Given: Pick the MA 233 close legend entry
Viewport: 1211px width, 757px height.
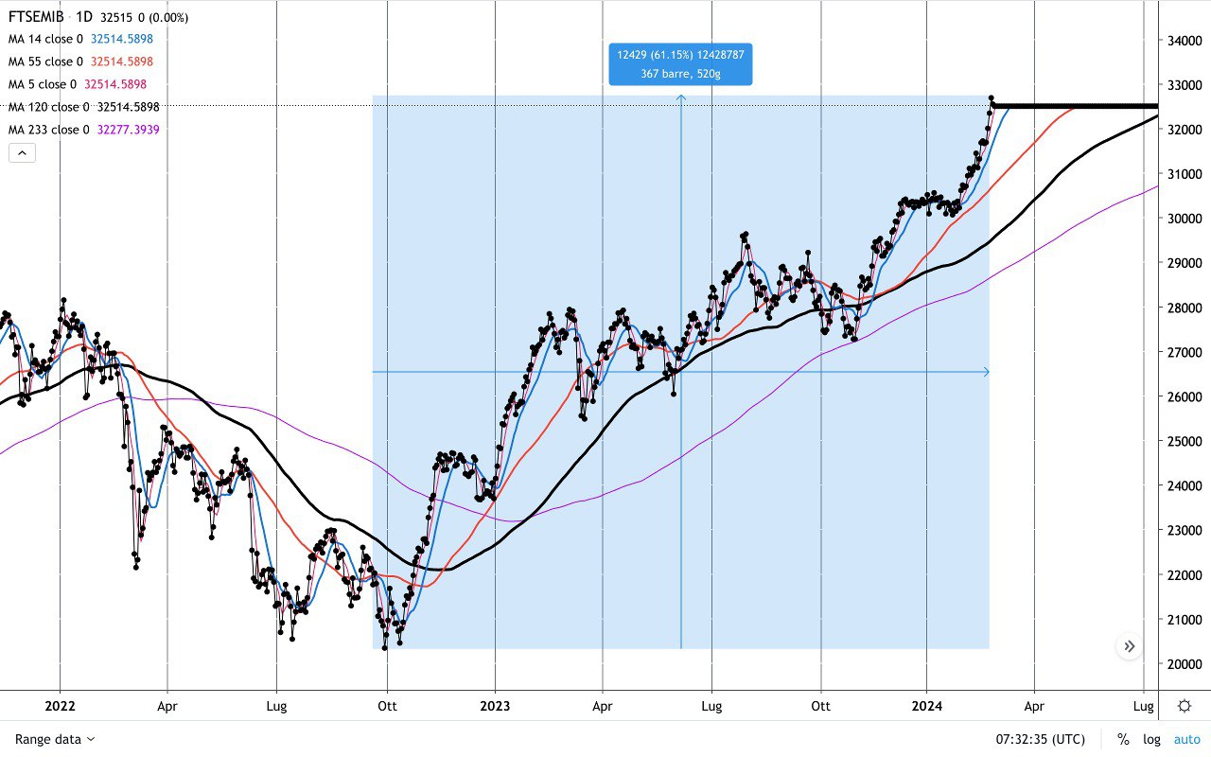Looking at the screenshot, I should [48, 130].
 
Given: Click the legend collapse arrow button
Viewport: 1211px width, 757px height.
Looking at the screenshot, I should [22, 152].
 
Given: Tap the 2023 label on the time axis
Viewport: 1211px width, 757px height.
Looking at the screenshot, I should [494, 706].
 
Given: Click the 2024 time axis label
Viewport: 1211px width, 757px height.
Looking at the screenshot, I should [926, 706].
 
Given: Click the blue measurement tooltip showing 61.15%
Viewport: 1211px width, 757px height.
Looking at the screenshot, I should [680, 63].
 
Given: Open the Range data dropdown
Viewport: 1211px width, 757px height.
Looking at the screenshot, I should [55, 739].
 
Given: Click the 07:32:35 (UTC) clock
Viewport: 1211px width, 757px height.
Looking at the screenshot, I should [1040, 739].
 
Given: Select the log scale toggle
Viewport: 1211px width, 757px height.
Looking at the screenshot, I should [1150, 739].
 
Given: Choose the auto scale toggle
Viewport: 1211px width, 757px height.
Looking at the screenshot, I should [1186, 739].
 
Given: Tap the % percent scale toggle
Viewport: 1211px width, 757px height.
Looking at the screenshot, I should [1123, 739].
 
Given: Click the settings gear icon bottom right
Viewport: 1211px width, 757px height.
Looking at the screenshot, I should [1185, 705].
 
